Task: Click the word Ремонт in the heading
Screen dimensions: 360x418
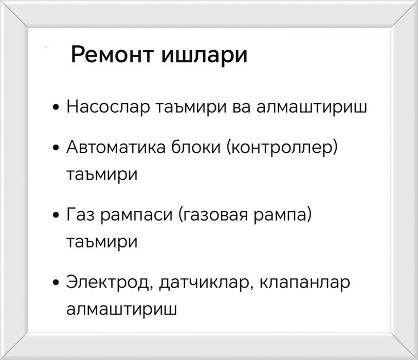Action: (112, 55)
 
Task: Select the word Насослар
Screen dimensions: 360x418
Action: (103, 108)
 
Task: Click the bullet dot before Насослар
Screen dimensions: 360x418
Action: (56, 109)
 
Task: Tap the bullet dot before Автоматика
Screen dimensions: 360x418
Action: (56, 149)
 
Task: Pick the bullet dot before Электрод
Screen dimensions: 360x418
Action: (56, 283)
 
